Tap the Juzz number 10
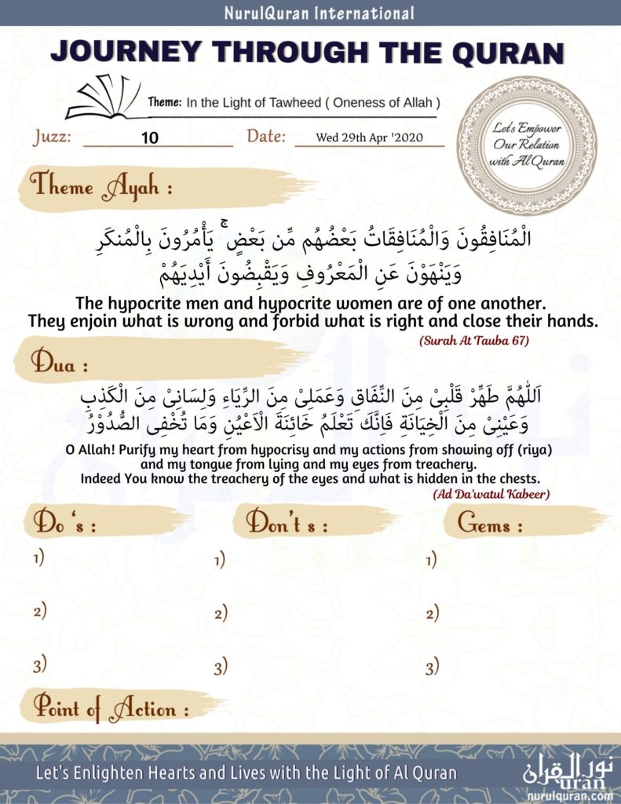[x=150, y=138]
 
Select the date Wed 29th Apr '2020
[x=369, y=137]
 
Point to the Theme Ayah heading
[x=101, y=188]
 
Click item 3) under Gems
[x=432, y=667]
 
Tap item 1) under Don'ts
[x=220, y=560]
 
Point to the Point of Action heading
[x=109, y=708]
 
